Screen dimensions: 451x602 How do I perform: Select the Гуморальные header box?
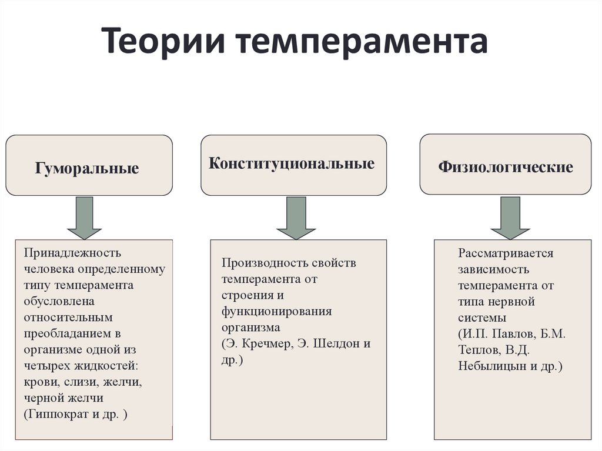(x=89, y=165)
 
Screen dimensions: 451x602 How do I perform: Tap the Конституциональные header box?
(x=293, y=165)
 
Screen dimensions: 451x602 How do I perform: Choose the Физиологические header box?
(x=505, y=164)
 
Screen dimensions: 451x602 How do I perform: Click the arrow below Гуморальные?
(x=85, y=218)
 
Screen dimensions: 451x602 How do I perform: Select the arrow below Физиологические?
(x=510, y=218)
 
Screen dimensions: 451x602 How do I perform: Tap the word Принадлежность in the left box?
(x=72, y=253)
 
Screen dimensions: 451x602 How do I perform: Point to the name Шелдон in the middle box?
(x=333, y=344)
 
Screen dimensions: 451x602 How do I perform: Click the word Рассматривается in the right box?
(x=506, y=253)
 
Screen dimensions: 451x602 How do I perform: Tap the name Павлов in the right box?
(x=511, y=334)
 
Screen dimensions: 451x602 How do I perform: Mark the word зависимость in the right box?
(x=494, y=270)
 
